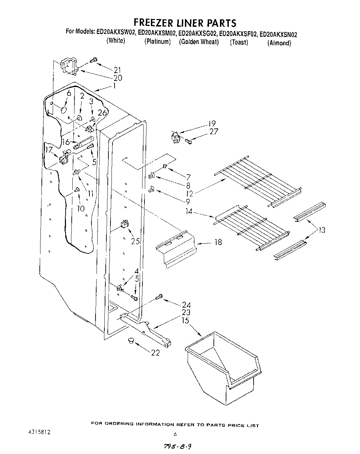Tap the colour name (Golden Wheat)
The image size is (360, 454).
point(199,42)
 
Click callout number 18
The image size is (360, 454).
point(218,242)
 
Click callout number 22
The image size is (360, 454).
point(155,353)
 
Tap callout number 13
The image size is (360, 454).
point(321,230)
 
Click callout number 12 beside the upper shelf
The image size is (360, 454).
point(189,193)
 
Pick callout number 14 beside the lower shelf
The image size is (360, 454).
point(189,211)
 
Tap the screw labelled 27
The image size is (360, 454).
point(189,141)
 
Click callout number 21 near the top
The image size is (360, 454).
point(118,70)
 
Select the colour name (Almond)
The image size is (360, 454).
point(279,43)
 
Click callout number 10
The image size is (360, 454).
point(81,208)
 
